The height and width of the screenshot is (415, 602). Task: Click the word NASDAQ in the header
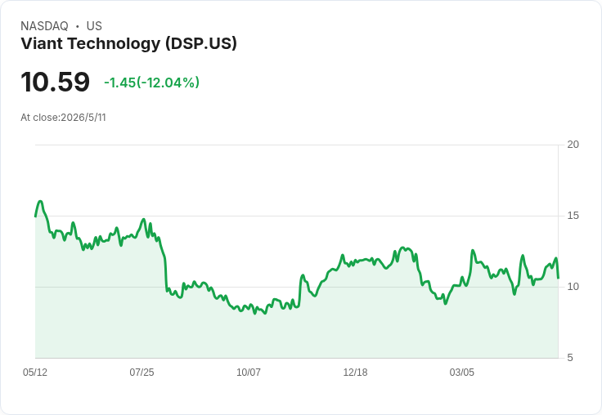[44, 26]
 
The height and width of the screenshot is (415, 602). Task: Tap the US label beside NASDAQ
[94, 26]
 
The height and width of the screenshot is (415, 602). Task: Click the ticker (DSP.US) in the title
[201, 44]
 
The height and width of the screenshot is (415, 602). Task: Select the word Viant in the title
[43, 43]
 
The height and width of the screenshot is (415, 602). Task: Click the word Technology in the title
[114, 44]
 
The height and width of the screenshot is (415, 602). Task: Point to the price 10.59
[56, 82]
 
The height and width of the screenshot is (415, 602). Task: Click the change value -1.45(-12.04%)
[151, 83]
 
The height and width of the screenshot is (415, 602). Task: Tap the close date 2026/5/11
[83, 118]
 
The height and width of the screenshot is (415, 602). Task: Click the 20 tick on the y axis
[573, 145]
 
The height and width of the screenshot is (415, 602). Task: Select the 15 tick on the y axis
[573, 216]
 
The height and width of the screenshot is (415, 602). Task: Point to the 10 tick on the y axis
[573, 287]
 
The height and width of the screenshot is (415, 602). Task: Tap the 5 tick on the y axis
[570, 358]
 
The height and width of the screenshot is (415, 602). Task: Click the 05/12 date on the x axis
[35, 372]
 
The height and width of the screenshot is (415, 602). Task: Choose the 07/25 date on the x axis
[142, 372]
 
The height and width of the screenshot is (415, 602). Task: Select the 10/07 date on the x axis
[249, 372]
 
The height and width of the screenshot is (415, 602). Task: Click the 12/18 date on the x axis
[355, 372]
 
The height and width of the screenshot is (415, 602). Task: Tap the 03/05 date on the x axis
[462, 372]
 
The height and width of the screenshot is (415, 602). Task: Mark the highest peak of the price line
[40, 201]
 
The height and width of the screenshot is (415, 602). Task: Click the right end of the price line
[558, 278]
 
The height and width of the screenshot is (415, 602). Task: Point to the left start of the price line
[35, 216]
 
